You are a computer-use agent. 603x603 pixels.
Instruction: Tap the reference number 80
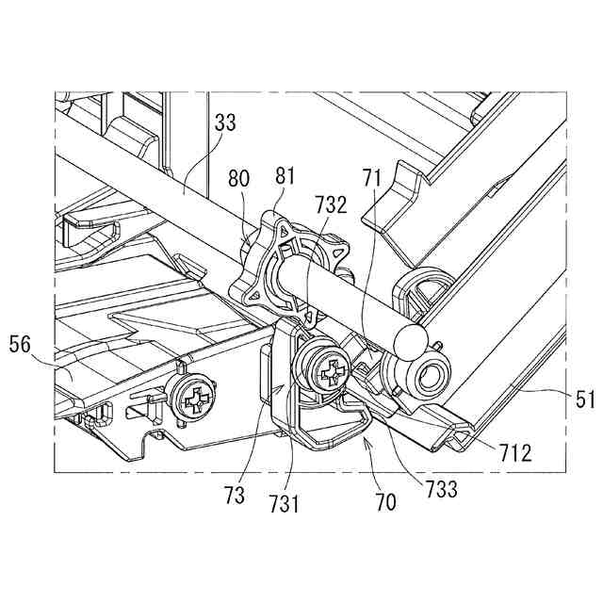click(x=240, y=178)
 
